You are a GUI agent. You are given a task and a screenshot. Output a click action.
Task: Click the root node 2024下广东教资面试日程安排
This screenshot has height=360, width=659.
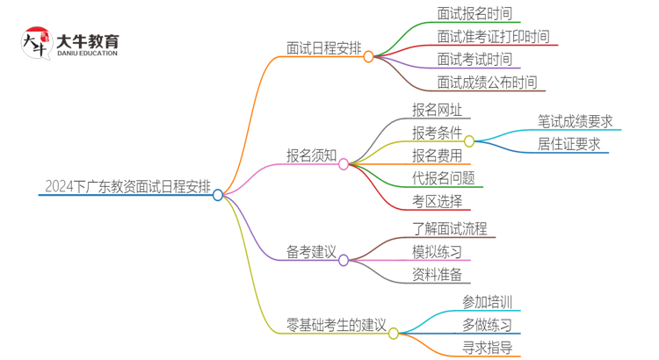click(127, 186)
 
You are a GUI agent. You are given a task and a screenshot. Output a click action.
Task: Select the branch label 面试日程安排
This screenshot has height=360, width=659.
click(323, 47)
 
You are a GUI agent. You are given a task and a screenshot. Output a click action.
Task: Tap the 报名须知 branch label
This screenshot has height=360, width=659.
click(311, 155)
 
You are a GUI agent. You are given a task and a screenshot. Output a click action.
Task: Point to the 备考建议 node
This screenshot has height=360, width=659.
click(311, 252)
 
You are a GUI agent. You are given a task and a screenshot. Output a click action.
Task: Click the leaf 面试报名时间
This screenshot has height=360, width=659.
click(474, 13)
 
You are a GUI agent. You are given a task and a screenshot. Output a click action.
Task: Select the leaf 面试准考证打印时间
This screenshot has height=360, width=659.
click(493, 37)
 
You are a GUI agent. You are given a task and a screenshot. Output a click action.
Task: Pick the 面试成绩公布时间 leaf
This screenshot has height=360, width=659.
click(486, 83)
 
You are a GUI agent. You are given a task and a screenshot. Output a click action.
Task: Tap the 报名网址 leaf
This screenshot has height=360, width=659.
click(437, 110)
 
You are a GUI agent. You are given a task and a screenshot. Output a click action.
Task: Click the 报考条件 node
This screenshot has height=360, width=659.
click(437, 133)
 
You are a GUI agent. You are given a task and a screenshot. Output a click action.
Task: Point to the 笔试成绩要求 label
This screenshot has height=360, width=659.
click(575, 121)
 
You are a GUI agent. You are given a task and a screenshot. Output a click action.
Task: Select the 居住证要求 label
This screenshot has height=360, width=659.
click(568, 144)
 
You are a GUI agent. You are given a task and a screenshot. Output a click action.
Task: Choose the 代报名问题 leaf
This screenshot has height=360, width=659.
click(443, 178)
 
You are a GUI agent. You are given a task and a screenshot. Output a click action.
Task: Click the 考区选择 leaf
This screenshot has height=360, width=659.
click(437, 201)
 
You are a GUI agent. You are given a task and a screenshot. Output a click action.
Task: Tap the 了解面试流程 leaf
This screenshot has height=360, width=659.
click(449, 229)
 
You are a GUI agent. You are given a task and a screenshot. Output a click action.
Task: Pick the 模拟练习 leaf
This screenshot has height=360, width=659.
click(437, 252)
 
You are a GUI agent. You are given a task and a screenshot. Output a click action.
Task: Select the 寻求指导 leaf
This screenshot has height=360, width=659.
click(488, 348)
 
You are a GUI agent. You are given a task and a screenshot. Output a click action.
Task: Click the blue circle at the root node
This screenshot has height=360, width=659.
click(218, 195)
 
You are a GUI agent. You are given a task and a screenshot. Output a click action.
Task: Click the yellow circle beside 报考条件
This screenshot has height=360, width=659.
click(469, 140)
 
